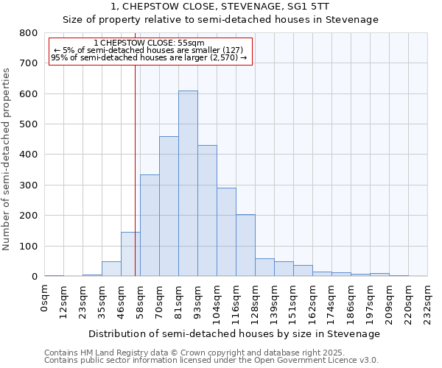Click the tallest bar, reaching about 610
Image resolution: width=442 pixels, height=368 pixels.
click(x=188, y=184)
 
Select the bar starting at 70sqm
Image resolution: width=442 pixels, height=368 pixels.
click(x=169, y=206)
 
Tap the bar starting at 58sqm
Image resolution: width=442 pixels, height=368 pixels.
click(x=150, y=225)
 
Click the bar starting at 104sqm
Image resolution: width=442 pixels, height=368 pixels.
click(x=226, y=232)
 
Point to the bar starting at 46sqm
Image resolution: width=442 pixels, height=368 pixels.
click(x=130, y=254)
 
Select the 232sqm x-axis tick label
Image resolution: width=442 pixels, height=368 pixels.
click(x=428, y=302)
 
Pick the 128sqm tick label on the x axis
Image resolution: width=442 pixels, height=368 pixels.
click(x=256, y=302)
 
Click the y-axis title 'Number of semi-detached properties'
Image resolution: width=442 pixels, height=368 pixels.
click(x=7, y=158)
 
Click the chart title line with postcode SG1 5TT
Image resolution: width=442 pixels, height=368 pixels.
click(x=220, y=7)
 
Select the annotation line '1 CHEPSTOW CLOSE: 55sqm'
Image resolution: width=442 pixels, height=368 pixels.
click(x=150, y=43)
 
